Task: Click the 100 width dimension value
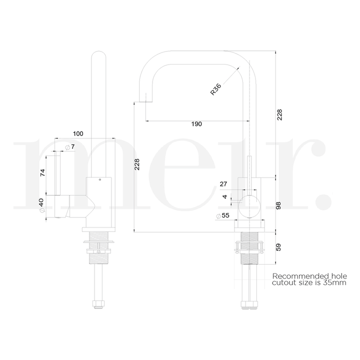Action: point(78,133)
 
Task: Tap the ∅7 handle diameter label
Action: point(70,146)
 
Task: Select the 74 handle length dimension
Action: point(42,173)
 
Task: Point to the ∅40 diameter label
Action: point(42,205)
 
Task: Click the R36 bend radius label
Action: point(215,89)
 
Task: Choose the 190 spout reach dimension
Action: point(196,124)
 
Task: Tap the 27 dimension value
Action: point(223,184)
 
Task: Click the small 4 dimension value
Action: point(225,197)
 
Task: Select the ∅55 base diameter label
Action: point(222,216)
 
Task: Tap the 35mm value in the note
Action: point(334,283)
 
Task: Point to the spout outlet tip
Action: point(144,100)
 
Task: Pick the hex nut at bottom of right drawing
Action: point(248,303)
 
